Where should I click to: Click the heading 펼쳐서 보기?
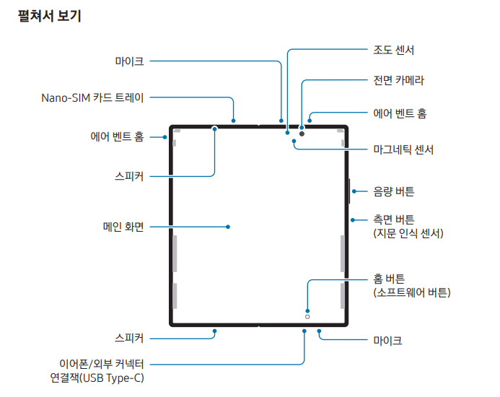click(49, 16)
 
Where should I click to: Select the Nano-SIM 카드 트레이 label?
click(92, 97)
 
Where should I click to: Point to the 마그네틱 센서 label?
click(403, 149)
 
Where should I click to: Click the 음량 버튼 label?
click(393, 191)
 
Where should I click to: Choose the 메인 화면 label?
click(123, 226)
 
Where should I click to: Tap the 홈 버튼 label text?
click(389, 279)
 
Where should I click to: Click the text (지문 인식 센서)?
click(408, 233)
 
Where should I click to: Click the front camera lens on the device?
click(302, 134)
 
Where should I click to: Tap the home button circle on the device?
click(307, 316)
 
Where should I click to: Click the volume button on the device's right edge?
click(349, 191)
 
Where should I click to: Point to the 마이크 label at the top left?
click(129, 61)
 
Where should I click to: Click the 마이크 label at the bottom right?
click(387, 339)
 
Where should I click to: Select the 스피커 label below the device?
click(129, 337)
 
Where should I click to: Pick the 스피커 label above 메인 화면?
click(129, 175)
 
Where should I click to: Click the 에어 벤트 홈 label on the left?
click(117, 136)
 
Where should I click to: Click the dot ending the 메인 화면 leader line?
click(228, 226)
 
